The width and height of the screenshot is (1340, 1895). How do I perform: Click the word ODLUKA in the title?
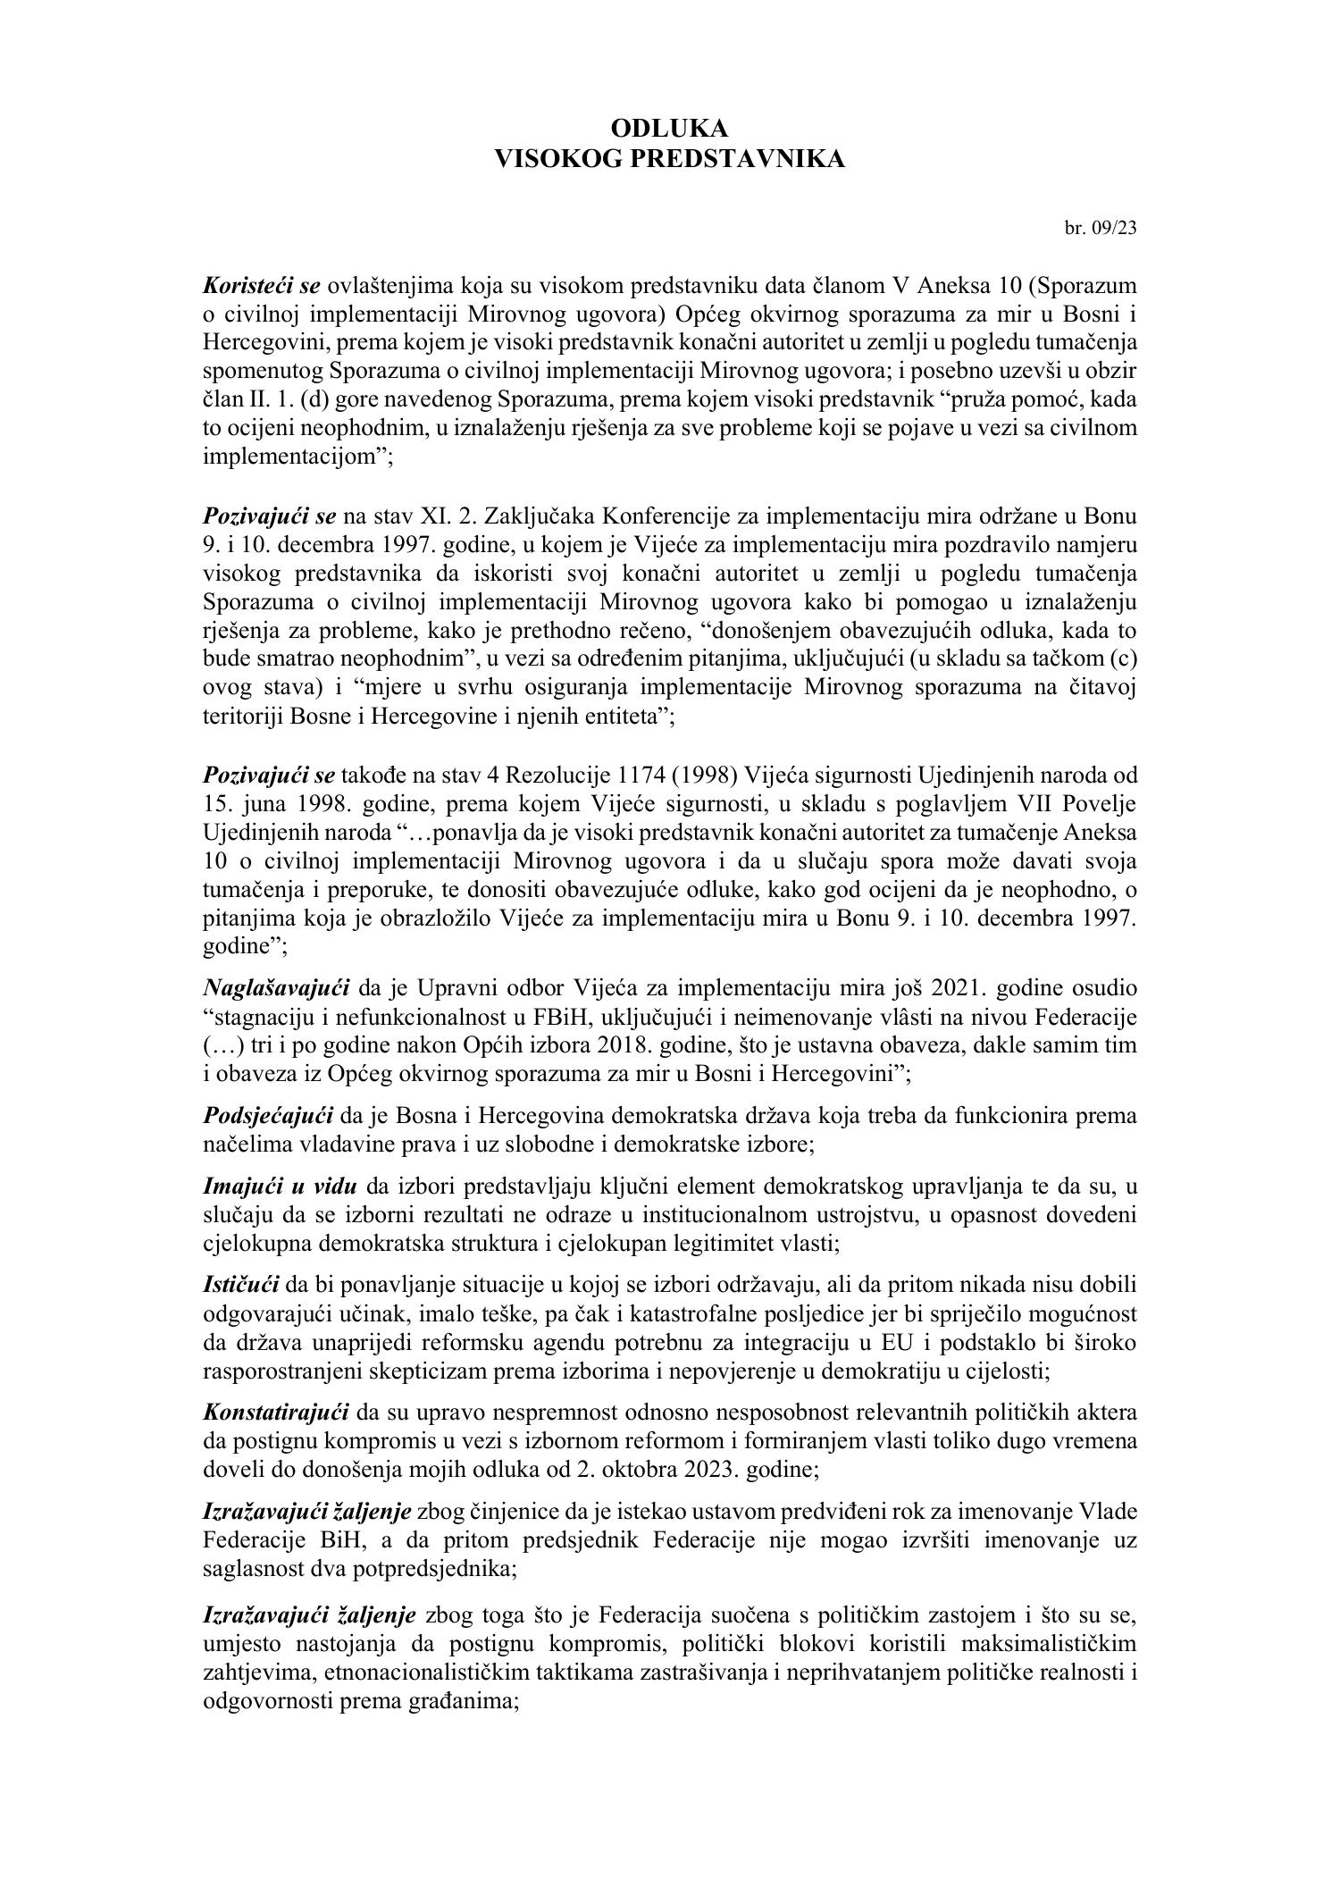click(669, 130)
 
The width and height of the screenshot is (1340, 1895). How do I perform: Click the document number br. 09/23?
click(1101, 228)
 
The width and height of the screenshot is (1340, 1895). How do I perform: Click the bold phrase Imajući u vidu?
click(281, 1186)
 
